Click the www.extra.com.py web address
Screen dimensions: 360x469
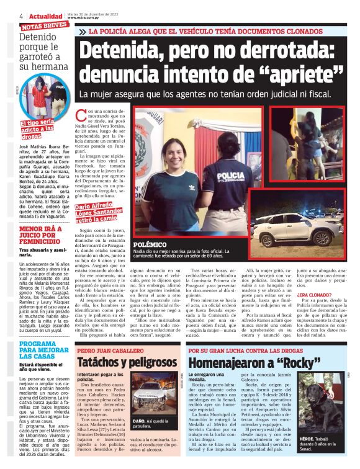84,17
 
